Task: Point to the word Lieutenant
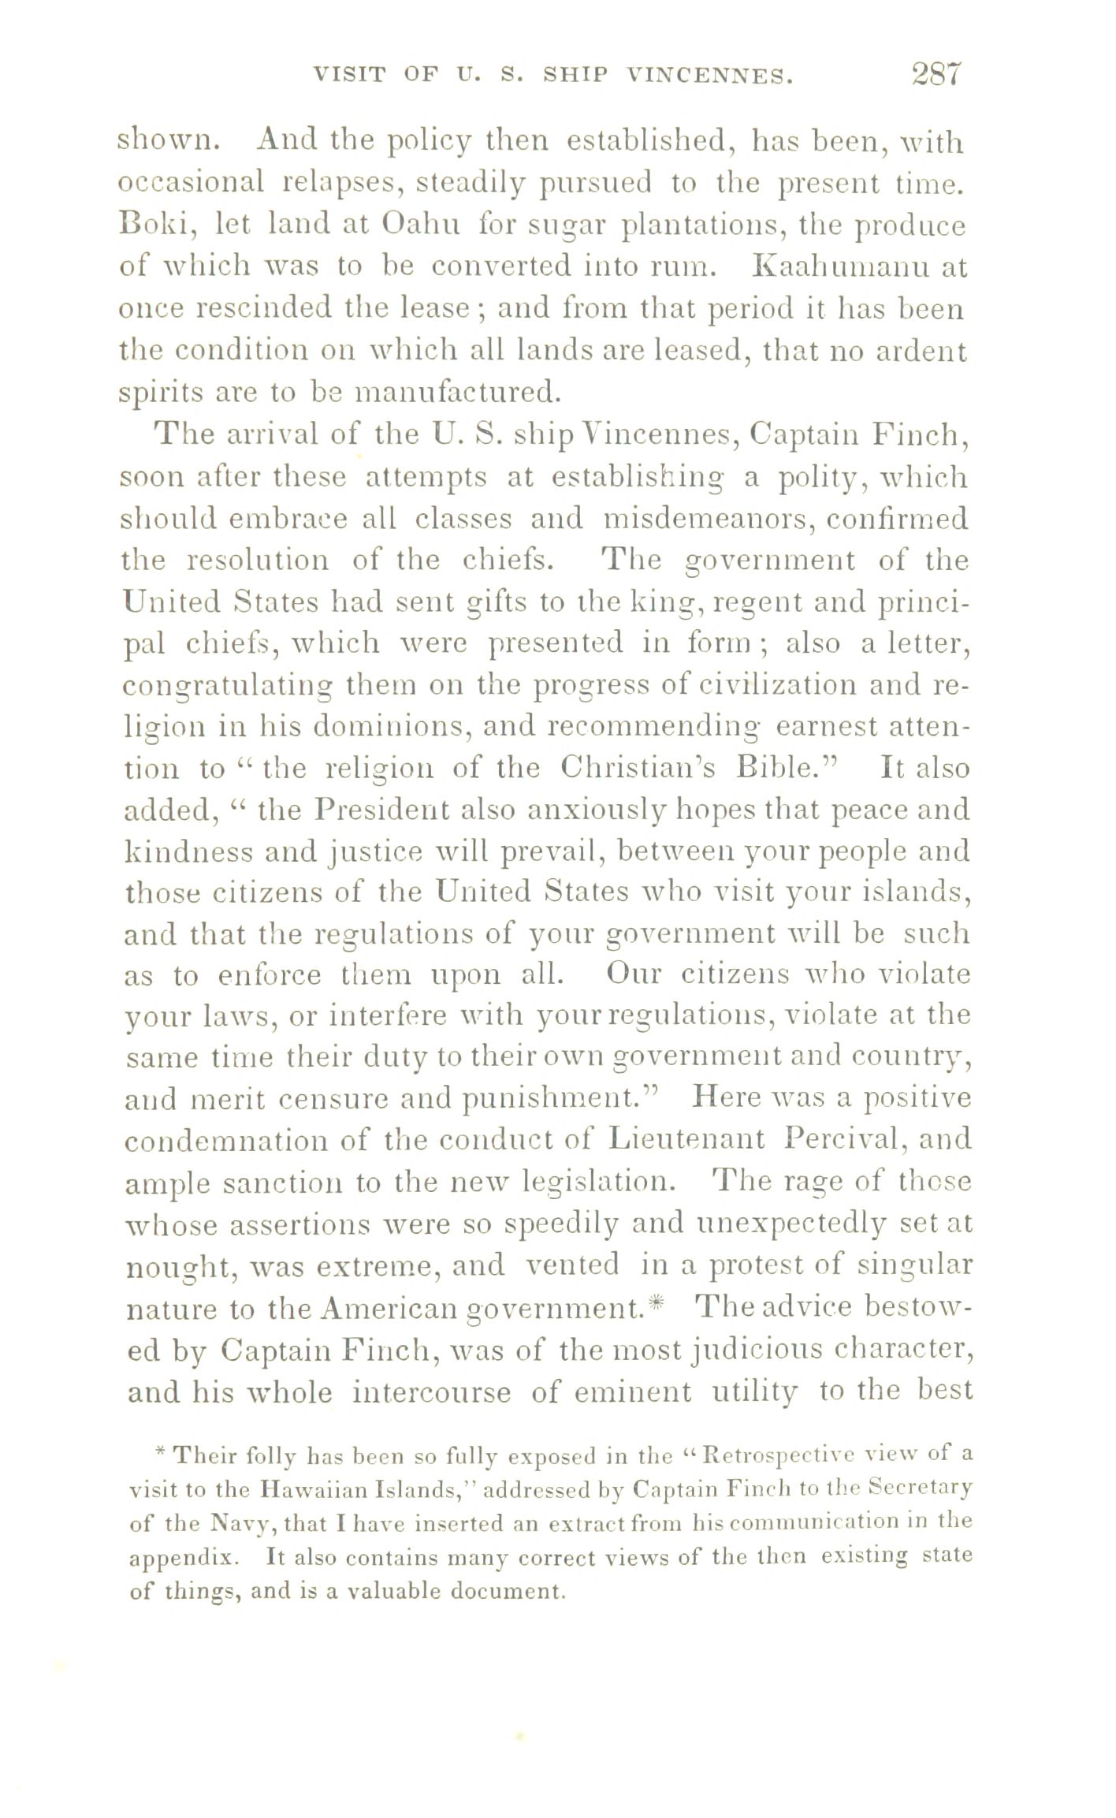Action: pos(687,1139)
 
